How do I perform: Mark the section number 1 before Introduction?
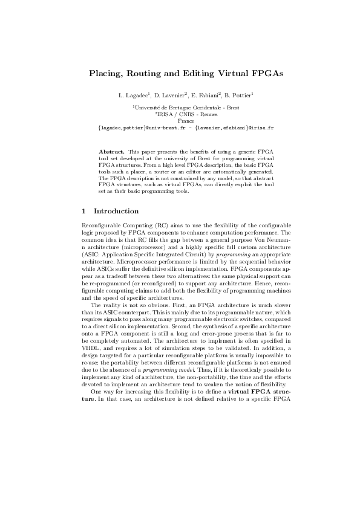(x=83, y=212)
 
